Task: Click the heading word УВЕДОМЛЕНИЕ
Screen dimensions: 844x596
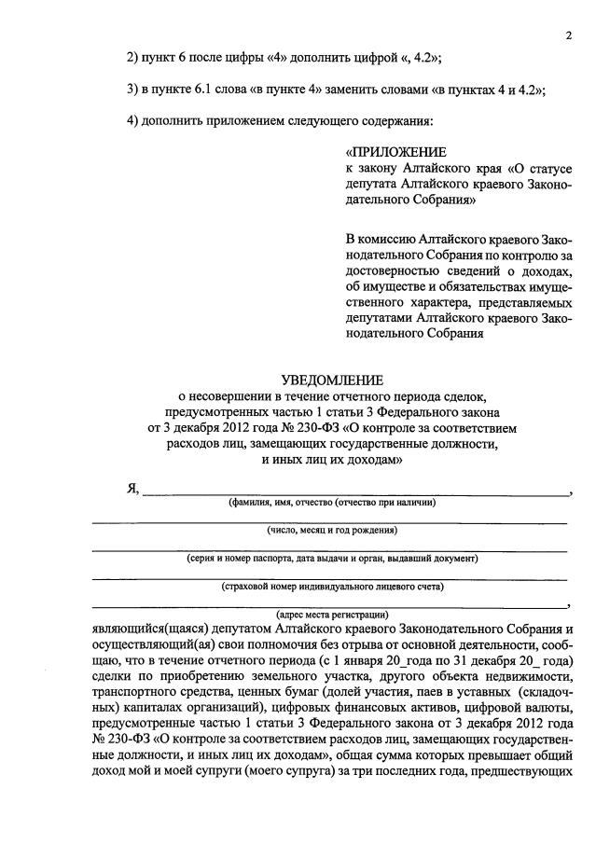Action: point(333,380)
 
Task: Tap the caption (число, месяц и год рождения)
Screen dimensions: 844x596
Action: point(332,530)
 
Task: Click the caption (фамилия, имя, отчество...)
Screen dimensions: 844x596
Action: point(332,502)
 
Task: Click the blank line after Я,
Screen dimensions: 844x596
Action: point(354,491)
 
